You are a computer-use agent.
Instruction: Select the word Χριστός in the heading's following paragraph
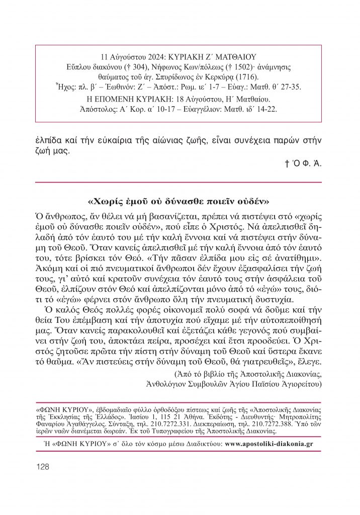(272, 225)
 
